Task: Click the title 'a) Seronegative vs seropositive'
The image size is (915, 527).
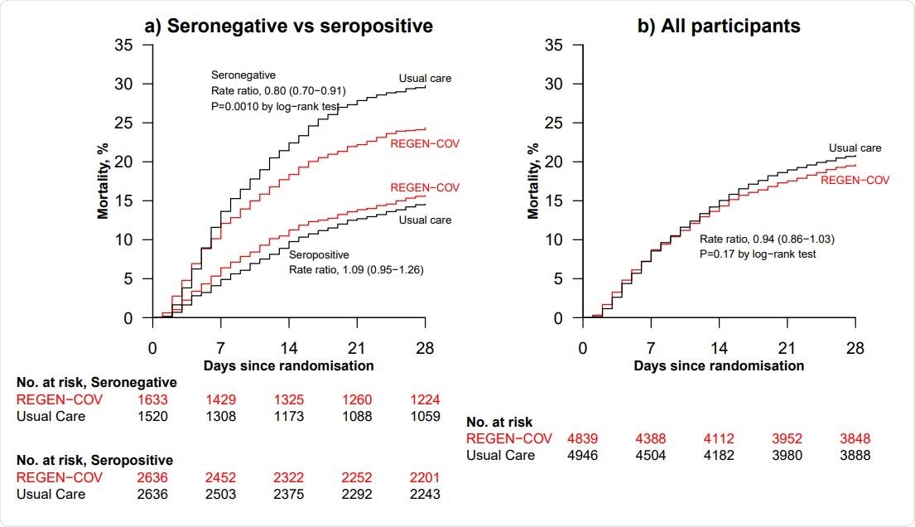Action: point(289,26)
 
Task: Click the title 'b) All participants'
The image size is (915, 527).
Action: point(718,26)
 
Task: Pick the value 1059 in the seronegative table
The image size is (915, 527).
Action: point(425,416)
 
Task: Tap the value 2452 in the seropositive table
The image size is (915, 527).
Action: point(220,479)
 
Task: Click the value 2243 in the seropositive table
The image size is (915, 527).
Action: point(425,495)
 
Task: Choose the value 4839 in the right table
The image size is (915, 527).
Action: point(582,439)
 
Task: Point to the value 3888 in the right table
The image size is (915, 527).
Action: point(855,455)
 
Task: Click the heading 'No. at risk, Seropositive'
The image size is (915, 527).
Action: point(97,460)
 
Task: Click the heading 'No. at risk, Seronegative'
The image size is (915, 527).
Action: point(97,382)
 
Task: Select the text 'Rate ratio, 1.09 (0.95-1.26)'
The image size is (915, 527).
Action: point(356,269)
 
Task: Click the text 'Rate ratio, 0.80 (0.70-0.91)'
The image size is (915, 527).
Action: point(278,90)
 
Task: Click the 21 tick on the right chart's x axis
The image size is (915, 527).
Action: point(787,348)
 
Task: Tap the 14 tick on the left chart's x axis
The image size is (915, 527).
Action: point(288,348)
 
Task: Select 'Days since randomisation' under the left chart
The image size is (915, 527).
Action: point(290,365)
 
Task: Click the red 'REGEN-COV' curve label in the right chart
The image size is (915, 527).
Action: point(855,179)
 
